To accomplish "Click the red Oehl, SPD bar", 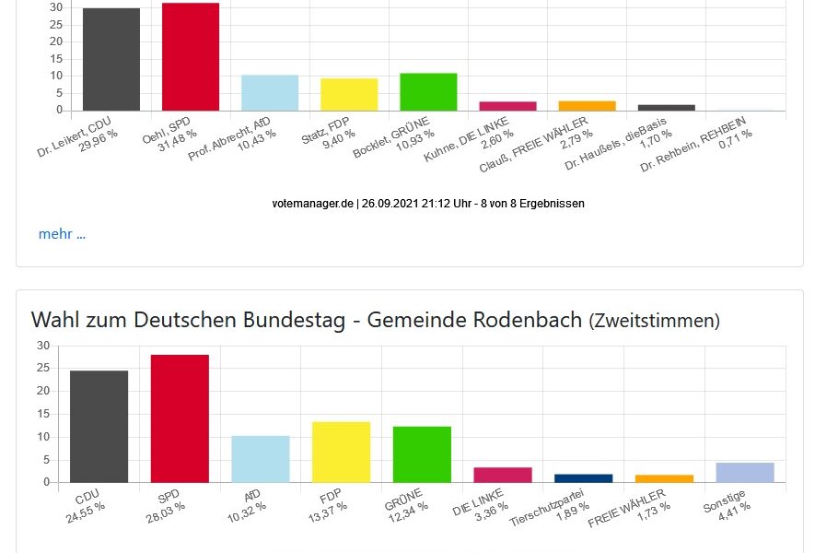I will coord(191,57).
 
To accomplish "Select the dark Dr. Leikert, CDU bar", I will coord(111,60).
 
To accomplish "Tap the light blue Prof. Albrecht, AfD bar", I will coord(270,93).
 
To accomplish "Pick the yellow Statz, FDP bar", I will coord(349,95).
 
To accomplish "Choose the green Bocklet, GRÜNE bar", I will coord(428,92).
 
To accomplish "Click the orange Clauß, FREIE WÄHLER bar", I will coord(587,106).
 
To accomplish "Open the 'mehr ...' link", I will coord(62,234).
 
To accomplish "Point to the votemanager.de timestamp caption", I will coord(428,203).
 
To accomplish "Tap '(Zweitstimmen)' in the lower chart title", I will coord(654,321).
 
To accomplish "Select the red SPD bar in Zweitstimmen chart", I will coord(180,418).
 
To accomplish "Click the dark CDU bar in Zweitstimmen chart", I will coord(99,426).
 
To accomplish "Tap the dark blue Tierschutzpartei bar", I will coord(584,478).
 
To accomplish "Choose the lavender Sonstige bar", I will coord(745,473).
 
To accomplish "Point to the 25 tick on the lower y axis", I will coord(43,368).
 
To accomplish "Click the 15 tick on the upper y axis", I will coord(55,59).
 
